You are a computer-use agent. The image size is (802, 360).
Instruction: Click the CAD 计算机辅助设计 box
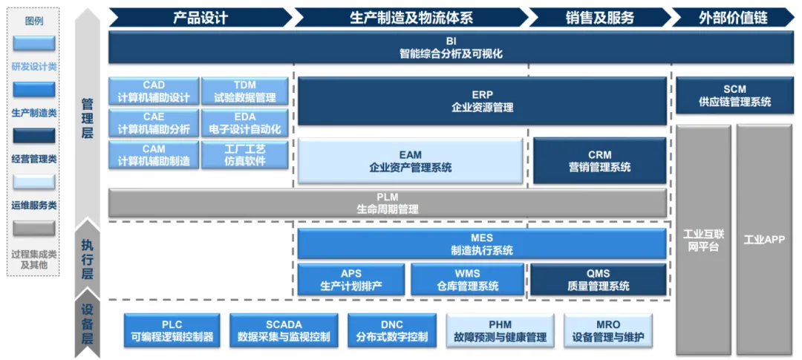pyautogui.click(x=154, y=91)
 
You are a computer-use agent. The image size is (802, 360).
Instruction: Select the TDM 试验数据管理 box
pyautogui.click(x=245, y=91)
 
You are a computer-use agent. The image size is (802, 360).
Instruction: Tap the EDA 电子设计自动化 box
pyautogui.click(x=245, y=122)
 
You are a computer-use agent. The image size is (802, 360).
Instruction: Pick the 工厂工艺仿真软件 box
pyautogui.click(x=245, y=154)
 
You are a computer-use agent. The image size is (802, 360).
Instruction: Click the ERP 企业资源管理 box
pyautogui.click(x=482, y=101)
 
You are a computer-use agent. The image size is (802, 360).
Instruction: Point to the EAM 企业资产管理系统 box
pyautogui.click(x=410, y=160)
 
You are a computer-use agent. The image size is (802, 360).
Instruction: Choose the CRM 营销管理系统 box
pyautogui.click(x=599, y=160)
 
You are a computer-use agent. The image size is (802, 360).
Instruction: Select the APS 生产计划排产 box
pyautogui.click(x=351, y=279)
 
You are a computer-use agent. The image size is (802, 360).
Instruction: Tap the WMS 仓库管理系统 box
pyautogui.click(x=468, y=279)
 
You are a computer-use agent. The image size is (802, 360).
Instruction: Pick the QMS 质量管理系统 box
pyautogui.click(x=599, y=279)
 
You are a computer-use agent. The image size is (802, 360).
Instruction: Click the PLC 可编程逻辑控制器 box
pyautogui.click(x=172, y=330)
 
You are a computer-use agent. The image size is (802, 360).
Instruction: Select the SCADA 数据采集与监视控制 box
pyautogui.click(x=284, y=330)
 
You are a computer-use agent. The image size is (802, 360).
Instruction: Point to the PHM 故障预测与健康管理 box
pyautogui.click(x=500, y=330)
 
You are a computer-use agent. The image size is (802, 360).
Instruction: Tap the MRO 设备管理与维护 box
pyautogui.click(x=608, y=330)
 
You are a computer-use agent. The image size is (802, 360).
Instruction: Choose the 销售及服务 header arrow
pyautogui.click(x=599, y=17)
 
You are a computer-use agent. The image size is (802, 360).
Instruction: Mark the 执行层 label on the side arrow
pyautogui.click(x=88, y=259)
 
